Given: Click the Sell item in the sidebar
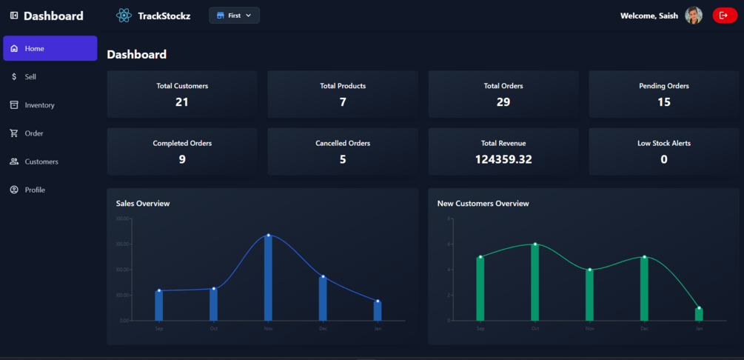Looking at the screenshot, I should (30, 77).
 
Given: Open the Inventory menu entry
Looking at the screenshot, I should (39, 105).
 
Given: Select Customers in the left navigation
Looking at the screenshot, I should (41, 161).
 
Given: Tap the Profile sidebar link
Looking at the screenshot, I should (35, 190).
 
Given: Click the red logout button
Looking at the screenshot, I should (724, 16).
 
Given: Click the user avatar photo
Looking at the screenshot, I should (694, 16).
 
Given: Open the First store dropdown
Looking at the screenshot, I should (234, 16).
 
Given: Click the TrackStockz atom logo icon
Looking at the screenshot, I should (124, 16).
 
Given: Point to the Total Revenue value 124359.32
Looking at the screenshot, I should (503, 159).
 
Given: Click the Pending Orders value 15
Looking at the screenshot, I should (664, 102).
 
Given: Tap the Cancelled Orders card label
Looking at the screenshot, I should (343, 143).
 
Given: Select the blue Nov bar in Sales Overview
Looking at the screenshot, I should (268, 279).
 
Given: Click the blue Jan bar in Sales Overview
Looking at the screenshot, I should (378, 311).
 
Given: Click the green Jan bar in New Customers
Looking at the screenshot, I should (699, 315).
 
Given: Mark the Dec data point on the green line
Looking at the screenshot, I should (644, 257).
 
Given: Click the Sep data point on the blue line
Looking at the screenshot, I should (159, 290).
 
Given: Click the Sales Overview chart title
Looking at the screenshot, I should (143, 203).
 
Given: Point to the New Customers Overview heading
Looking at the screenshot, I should (483, 203).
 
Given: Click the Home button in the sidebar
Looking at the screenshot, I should (50, 48).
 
